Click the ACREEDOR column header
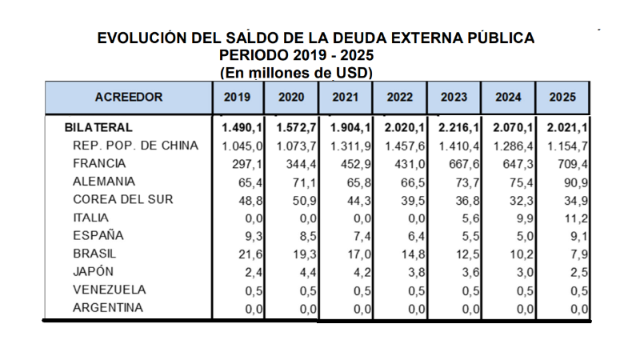coord(128,98)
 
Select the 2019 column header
coord(238,98)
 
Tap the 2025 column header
coord(563,98)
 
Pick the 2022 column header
coord(400,98)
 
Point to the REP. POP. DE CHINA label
coord(134,146)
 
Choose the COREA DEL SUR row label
coord(122,199)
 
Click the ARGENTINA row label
coord(109,308)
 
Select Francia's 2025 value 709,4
coord(574,164)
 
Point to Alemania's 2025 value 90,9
coord(578,182)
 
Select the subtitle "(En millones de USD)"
coord(296,72)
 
